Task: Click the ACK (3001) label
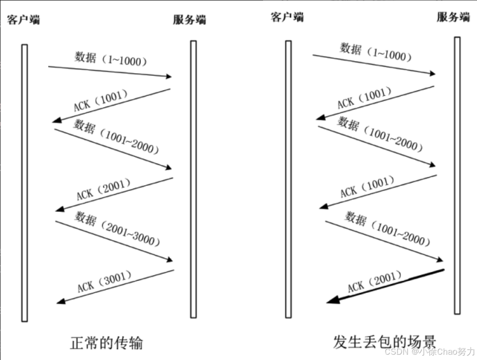click(x=104, y=281)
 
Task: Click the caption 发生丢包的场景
click(x=385, y=342)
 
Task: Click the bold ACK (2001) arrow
click(x=385, y=286)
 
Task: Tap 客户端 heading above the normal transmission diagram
click(x=23, y=20)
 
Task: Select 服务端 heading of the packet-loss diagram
click(x=453, y=17)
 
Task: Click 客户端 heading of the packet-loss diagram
click(x=287, y=17)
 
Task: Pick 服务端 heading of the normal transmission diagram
click(x=189, y=20)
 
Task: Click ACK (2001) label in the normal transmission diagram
click(x=103, y=189)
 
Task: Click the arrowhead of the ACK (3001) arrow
click(x=60, y=302)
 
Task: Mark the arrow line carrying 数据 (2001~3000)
click(x=114, y=241)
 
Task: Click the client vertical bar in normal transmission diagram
click(x=25, y=183)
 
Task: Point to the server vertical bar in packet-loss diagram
click(x=457, y=175)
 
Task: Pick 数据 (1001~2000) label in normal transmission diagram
click(x=116, y=137)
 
